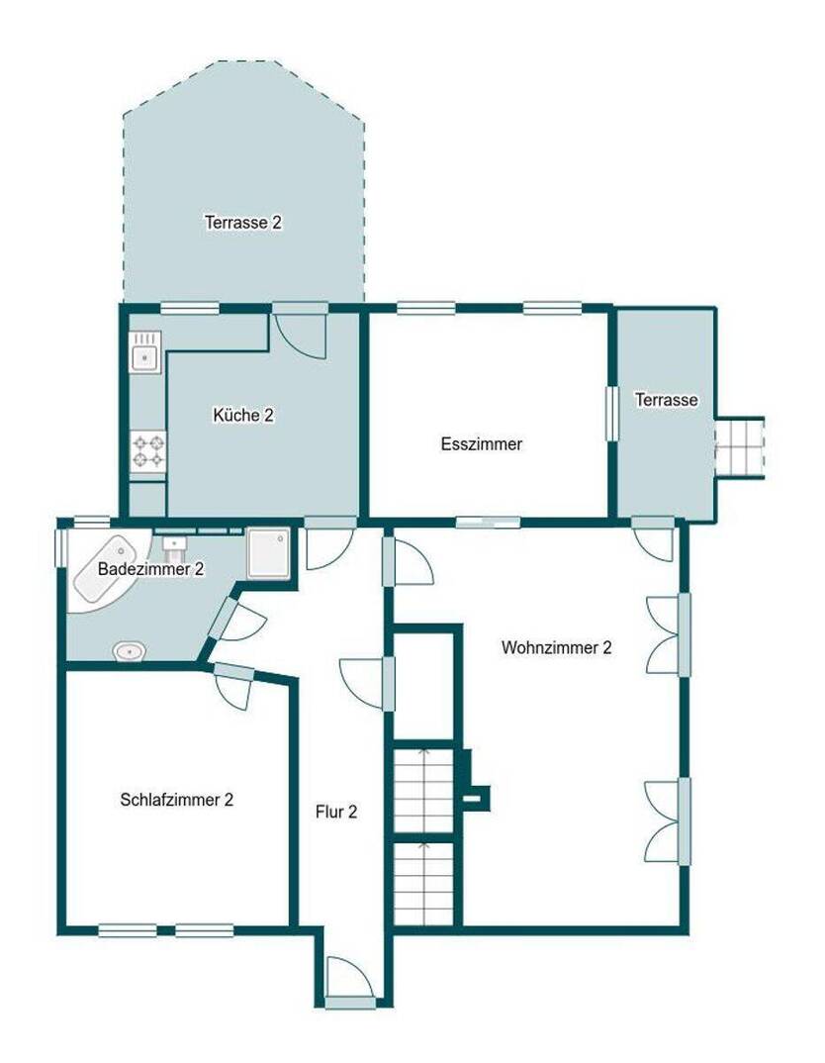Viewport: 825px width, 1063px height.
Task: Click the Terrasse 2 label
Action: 243,222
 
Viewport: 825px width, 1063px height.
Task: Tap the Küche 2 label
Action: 243,415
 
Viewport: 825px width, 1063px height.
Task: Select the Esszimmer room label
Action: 482,444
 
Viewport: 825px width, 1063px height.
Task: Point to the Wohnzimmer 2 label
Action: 556,647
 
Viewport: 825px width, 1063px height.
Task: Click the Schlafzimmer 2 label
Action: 177,800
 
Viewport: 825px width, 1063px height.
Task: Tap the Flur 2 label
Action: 336,812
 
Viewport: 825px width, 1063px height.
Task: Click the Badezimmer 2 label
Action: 151,569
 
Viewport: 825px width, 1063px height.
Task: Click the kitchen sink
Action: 145,352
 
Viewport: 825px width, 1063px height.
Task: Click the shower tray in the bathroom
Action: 269,553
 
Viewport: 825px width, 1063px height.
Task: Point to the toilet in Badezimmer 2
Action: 130,651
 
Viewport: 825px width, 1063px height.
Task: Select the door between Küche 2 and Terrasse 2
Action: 300,331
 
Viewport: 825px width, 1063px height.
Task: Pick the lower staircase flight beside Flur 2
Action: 423,883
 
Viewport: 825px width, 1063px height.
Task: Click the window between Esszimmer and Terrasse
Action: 611,414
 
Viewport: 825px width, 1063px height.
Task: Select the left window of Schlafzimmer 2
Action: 128,930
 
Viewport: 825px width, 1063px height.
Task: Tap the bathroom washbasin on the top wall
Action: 174,543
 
